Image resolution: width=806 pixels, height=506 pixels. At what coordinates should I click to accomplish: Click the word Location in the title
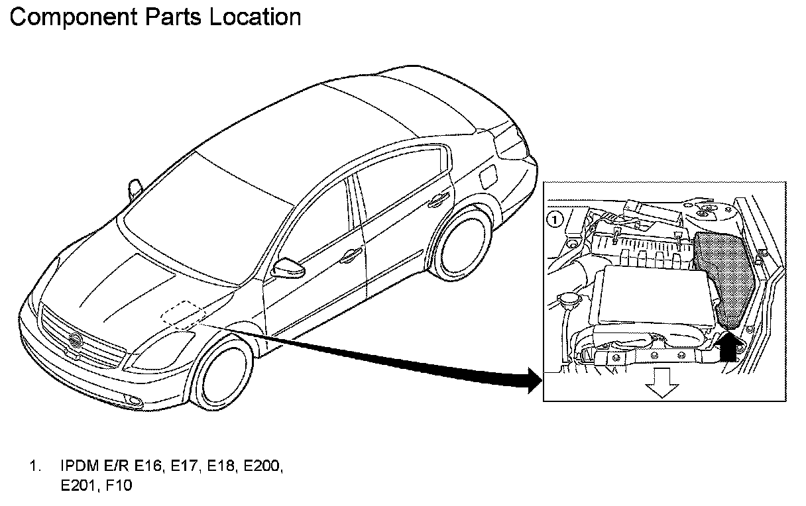(255, 17)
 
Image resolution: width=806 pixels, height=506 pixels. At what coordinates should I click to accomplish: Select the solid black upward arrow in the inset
(727, 346)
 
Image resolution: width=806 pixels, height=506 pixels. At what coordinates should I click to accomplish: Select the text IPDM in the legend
(76, 467)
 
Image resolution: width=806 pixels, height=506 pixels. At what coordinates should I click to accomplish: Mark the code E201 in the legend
(76, 487)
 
